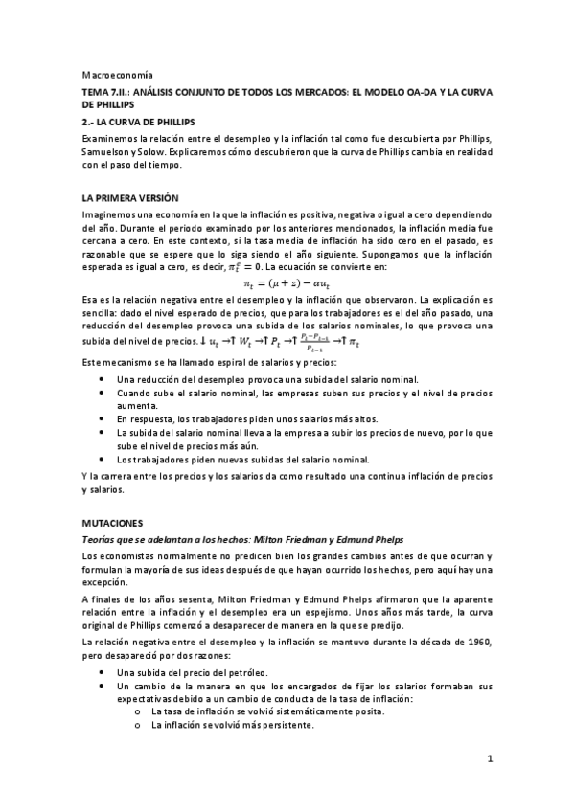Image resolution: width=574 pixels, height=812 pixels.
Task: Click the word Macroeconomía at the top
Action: (x=111, y=74)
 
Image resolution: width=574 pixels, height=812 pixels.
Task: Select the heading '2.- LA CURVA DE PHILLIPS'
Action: (x=141, y=124)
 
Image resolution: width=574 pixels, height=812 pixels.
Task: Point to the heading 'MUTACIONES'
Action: (x=112, y=523)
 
